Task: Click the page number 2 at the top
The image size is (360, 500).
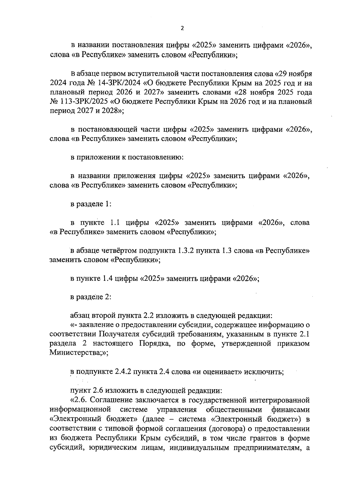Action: tap(181, 29)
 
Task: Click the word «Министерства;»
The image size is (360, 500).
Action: tap(79, 353)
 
